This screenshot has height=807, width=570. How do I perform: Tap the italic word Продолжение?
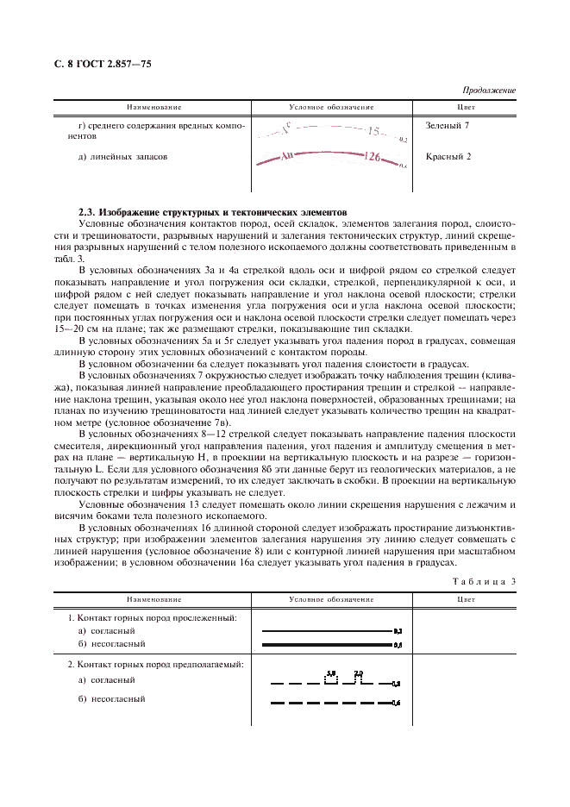pos(489,90)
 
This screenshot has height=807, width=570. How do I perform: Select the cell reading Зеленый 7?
pos(448,126)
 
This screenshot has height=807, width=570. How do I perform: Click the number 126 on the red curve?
pos(372,158)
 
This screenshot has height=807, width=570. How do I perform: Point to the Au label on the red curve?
pos(289,158)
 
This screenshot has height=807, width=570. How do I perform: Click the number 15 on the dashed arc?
pos(373,132)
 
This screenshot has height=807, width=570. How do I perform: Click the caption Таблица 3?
pos(484,581)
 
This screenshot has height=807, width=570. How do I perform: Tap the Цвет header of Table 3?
pos(467,598)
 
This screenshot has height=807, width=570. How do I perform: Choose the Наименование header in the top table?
pos(154,107)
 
